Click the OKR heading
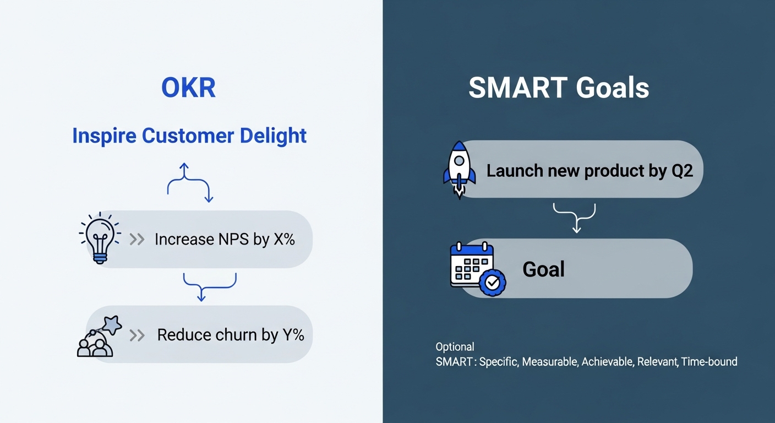[x=189, y=88]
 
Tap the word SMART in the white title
[x=518, y=88]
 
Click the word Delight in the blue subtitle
[x=273, y=135]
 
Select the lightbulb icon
[x=100, y=238]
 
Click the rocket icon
[x=459, y=169]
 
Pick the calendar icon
[x=477, y=268]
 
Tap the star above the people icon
[x=112, y=325]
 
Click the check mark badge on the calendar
[x=492, y=283]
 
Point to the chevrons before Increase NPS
[x=137, y=240]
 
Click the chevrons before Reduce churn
[x=137, y=335]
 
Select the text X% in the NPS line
[x=284, y=239]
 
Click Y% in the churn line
[x=293, y=335]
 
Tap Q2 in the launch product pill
[x=682, y=171]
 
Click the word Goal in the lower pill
[x=543, y=269]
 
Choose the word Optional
[x=455, y=346]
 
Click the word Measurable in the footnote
[x=550, y=362]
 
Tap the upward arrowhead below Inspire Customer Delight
[x=184, y=166]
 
